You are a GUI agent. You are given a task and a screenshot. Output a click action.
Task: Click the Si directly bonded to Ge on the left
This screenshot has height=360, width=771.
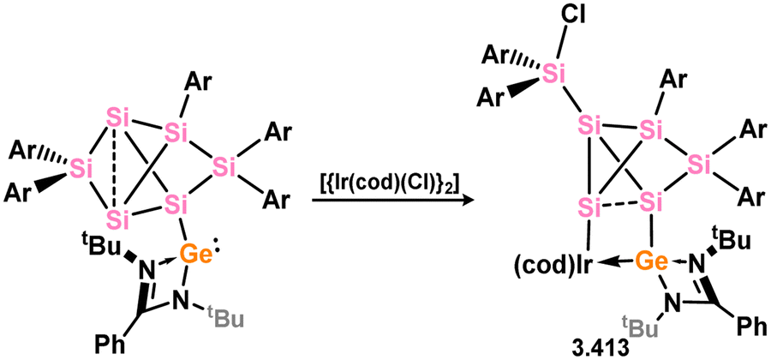176,204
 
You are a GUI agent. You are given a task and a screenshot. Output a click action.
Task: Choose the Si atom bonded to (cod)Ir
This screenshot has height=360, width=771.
588,206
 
